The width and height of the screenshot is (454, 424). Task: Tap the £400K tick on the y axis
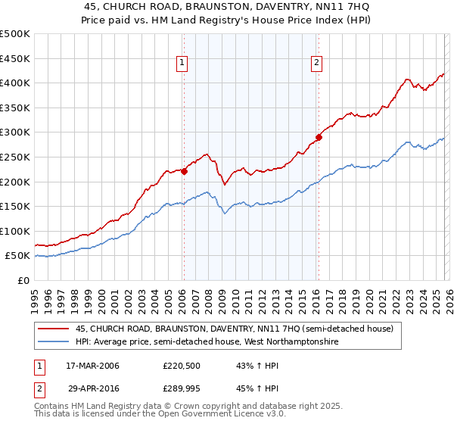tap(15, 83)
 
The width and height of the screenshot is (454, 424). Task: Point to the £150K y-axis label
tap(15, 206)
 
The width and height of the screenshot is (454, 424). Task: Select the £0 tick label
tap(23, 280)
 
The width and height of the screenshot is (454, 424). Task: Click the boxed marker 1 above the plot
tap(183, 64)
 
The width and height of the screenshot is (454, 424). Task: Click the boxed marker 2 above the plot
tap(316, 64)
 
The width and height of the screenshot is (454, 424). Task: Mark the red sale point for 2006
tap(184, 171)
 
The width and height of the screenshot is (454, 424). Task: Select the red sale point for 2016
tap(319, 137)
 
